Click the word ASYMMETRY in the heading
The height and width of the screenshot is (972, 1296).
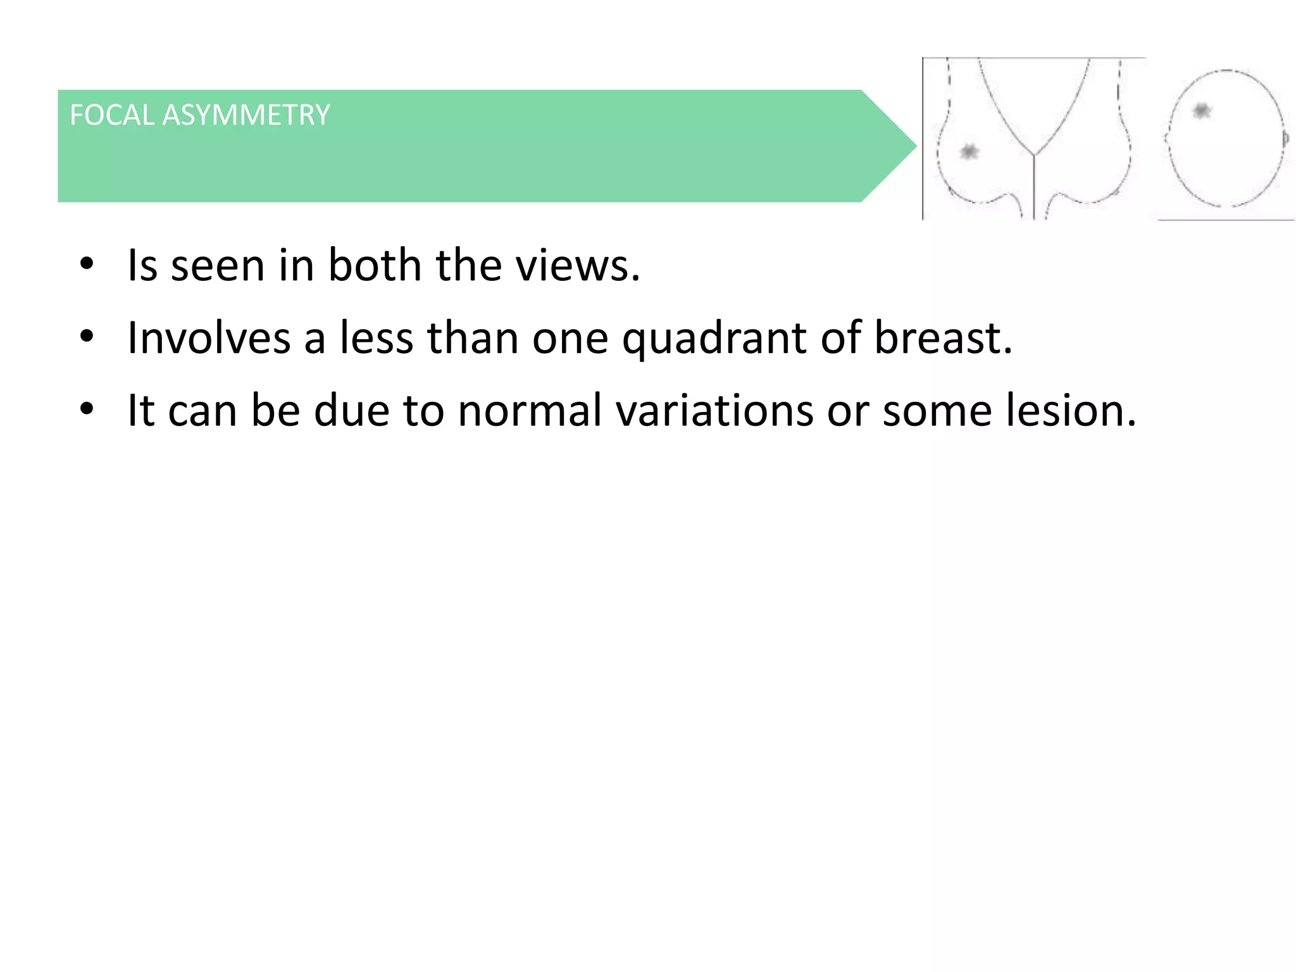point(246,115)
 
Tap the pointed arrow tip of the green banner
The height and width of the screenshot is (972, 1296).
point(914,146)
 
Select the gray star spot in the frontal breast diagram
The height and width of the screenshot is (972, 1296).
point(969,152)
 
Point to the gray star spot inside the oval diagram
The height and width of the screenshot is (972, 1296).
point(1201,111)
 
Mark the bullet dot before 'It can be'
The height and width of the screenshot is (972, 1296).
point(87,408)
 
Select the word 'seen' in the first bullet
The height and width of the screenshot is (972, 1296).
point(218,266)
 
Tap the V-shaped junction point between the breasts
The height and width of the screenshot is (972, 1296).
point(1034,154)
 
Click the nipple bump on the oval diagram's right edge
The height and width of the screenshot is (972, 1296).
point(1287,137)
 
